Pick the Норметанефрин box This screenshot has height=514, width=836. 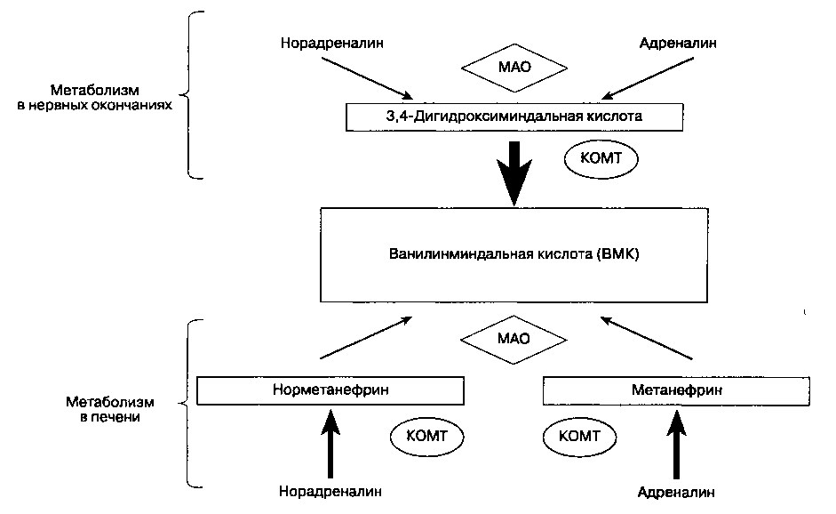click(330, 390)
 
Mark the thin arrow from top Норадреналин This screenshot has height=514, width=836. click(367, 77)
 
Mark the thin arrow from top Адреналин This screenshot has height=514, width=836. click(646, 76)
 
